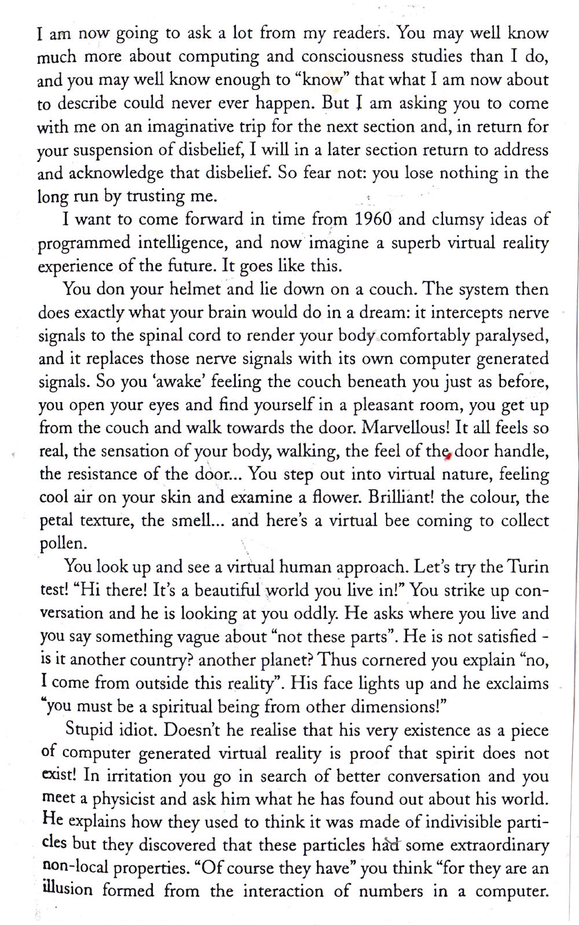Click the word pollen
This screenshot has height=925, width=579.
[x=62, y=544]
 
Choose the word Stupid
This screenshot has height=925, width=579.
[x=92, y=729]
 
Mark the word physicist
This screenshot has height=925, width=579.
[x=124, y=799]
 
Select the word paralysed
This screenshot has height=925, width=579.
[x=510, y=335]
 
